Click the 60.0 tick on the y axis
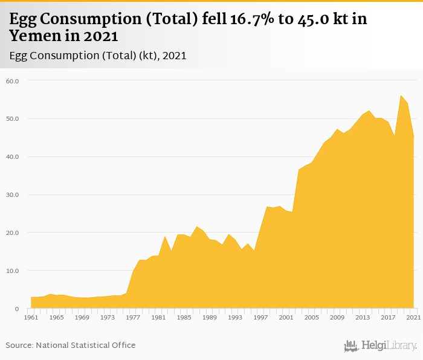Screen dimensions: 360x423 tap(13, 81)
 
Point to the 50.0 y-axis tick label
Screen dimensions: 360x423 tap(13, 119)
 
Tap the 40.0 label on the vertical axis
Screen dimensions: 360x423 tap(13, 157)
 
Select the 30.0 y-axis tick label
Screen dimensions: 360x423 tap(13, 195)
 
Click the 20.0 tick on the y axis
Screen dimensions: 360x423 tap(13, 233)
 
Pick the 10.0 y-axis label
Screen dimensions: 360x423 tap(13, 271)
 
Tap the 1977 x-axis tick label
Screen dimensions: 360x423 tap(133, 318)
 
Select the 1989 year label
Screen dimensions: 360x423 tap(210, 318)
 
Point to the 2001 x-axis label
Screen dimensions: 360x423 tap(286, 318)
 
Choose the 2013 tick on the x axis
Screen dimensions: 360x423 tap(363, 318)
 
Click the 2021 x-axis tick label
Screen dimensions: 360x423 tap(414, 318)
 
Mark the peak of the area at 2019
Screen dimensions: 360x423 tap(401, 95)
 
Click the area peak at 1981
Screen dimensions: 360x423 tap(165, 236)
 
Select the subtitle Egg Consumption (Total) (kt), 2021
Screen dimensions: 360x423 tap(98, 56)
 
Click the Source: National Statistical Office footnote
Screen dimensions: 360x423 tap(71, 345)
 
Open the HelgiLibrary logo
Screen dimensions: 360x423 tap(381, 346)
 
